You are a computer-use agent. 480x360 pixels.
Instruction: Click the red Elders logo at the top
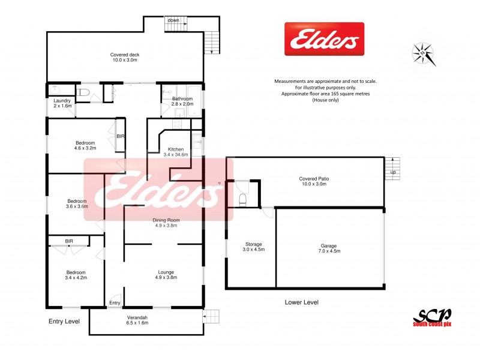click(324, 39)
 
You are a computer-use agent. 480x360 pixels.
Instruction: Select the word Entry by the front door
click(115, 303)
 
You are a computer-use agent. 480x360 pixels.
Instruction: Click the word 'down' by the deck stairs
click(173, 20)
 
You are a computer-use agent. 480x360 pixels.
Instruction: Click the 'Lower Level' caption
click(301, 302)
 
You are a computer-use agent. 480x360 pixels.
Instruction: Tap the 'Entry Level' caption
click(64, 322)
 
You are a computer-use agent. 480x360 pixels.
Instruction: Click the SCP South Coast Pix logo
click(431, 317)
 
